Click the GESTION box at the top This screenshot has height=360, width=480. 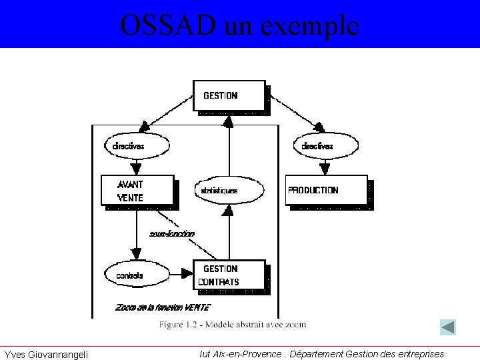(229, 95)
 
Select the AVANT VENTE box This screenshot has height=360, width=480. (137, 190)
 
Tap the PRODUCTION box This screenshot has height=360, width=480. (326, 190)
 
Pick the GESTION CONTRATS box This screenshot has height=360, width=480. (229, 275)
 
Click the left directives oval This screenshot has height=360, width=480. (137, 145)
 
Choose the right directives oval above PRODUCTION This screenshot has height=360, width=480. (326, 145)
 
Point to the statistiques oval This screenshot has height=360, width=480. (229, 191)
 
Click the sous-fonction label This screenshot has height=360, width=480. (172, 233)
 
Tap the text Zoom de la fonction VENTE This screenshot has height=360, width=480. (163, 307)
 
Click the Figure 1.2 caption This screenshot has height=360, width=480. (232, 325)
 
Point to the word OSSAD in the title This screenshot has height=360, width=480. (168, 25)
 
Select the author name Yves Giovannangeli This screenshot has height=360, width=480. (46, 354)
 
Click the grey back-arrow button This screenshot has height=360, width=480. (448, 327)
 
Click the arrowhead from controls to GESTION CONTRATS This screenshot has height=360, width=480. (186, 273)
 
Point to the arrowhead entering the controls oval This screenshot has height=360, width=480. (137, 254)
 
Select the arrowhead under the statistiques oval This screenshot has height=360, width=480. (229, 210)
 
